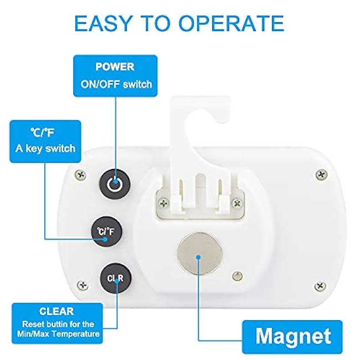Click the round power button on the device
(x=115, y=184)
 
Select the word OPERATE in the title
(x=231, y=23)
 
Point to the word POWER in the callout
(x=115, y=67)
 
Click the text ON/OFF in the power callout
(x=100, y=84)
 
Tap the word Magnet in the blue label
(x=293, y=336)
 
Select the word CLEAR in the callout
(x=56, y=312)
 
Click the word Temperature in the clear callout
(x=76, y=333)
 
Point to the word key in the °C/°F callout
(x=34, y=148)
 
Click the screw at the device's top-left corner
(x=81, y=175)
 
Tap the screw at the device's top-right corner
(x=321, y=175)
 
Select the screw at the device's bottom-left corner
(x=83, y=285)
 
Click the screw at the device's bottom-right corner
(x=320, y=286)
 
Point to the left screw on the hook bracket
(x=164, y=203)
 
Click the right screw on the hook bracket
(x=237, y=203)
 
